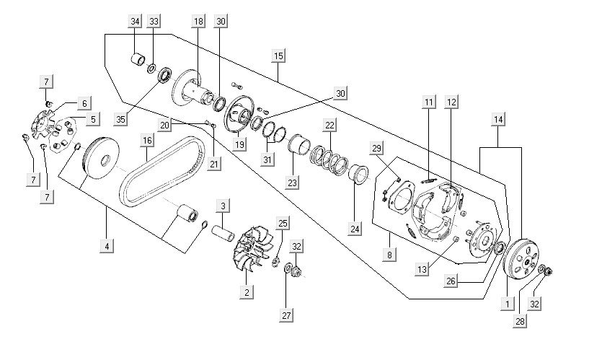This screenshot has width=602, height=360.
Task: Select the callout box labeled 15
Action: tap(279, 55)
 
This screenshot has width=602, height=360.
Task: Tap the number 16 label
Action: tap(147, 140)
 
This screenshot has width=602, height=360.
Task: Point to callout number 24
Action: tap(355, 229)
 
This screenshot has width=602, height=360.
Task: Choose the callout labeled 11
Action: tap(429, 102)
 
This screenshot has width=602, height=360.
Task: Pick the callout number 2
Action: tap(247, 292)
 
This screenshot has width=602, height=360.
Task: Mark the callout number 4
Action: tap(107, 246)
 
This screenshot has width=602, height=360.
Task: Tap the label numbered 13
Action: tap(422, 268)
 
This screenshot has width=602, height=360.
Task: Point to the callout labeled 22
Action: tap(329, 125)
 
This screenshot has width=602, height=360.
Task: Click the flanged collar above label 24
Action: tap(358, 175)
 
